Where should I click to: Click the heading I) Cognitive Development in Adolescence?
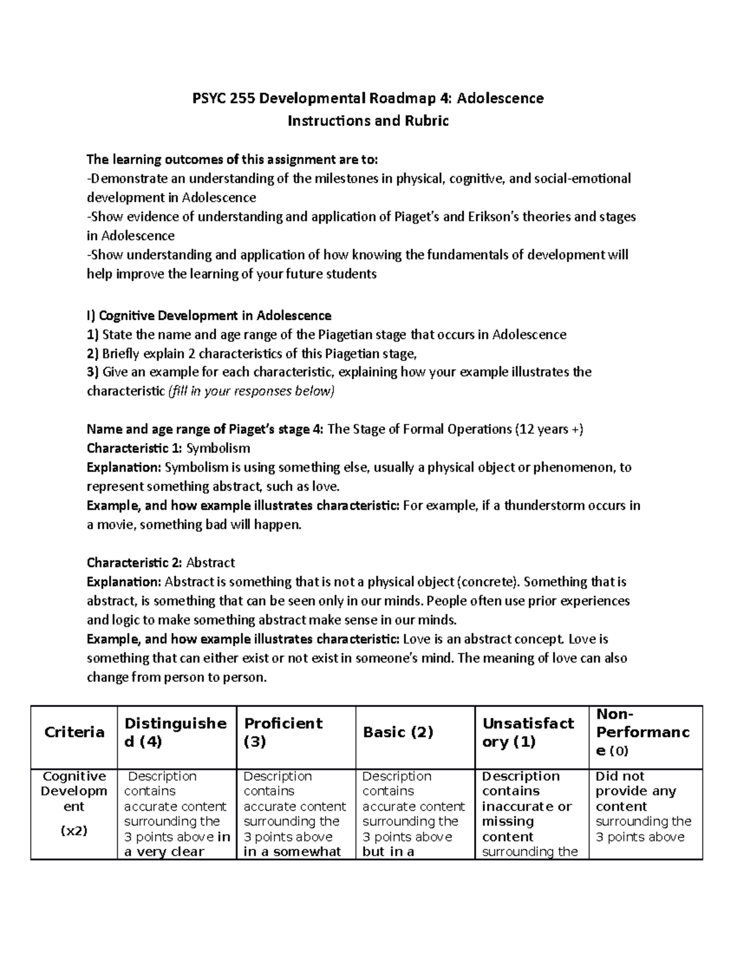click(209, 316)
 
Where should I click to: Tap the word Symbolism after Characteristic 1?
click(218, 448)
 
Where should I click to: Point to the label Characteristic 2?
click(135, 563)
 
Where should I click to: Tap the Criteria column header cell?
click(74, 732)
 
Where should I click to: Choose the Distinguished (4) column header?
click(176, 732)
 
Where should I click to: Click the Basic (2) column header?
click(398, 732)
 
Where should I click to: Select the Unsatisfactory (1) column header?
click(528, 732)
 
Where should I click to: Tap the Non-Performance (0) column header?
click(642, 732)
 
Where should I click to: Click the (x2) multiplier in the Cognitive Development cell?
click(74, 831)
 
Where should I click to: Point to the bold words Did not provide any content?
click(636, 791)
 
